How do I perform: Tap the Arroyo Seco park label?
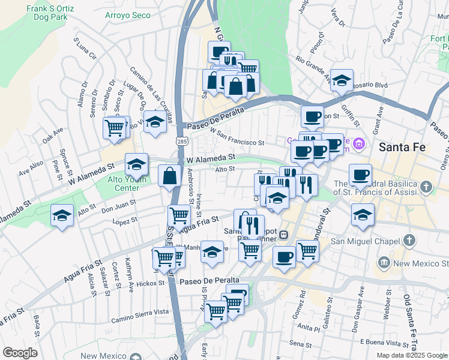(x=127, y=15)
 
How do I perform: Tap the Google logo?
(x=20, y=353)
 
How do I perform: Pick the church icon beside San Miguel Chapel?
(x=409, y=241)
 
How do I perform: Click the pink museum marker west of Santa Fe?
(x=359, y=143)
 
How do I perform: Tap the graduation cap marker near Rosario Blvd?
(x=342, y=80)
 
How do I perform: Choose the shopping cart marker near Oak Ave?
(x=114, y=127)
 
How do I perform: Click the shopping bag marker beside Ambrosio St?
(x=170, y=176)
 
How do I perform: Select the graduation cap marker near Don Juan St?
(x=62, y=215)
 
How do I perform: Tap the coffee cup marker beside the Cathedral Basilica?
(x=360, y=175)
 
